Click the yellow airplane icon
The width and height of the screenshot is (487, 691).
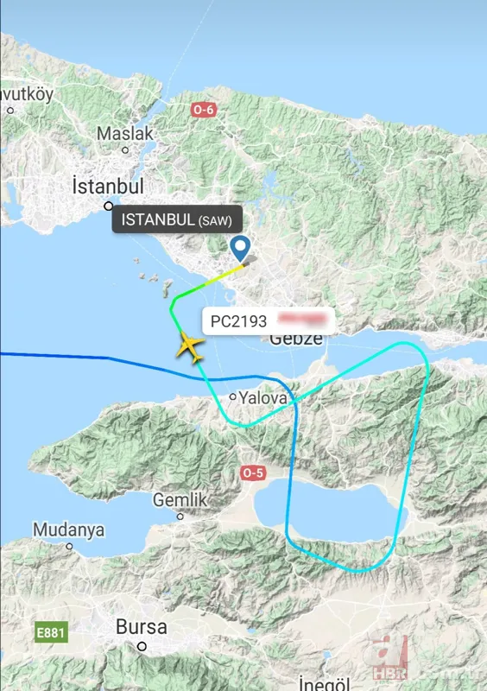(x=189, y=347)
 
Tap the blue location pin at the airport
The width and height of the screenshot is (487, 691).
(x=241, y=249)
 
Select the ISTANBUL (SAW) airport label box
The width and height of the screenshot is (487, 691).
(x=176, y=219)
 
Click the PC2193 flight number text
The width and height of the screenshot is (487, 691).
(x=238, y=321)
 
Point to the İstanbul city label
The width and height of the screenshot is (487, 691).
(x=108, y=187)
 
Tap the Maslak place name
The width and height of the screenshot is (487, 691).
(x=124, y=134)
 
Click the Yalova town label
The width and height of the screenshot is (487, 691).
(x=261, y=397)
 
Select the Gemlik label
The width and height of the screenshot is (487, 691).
(x=180, y=499)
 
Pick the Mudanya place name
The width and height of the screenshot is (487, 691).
(x=69, y=529)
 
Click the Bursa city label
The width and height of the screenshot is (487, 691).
(x=142, y=626)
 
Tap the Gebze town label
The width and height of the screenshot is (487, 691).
(x=296, y=339)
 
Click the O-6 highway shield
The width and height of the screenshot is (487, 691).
(x=203, y=110)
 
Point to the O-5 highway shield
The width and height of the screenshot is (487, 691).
(x=253, y=472)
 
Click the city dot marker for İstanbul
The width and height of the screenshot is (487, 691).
(x=109, y=206)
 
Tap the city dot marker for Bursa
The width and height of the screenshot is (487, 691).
(x=142, y=646)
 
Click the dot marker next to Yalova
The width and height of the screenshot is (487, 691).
(x=233, y=397)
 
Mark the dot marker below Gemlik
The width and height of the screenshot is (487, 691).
(x=180, y=517)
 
